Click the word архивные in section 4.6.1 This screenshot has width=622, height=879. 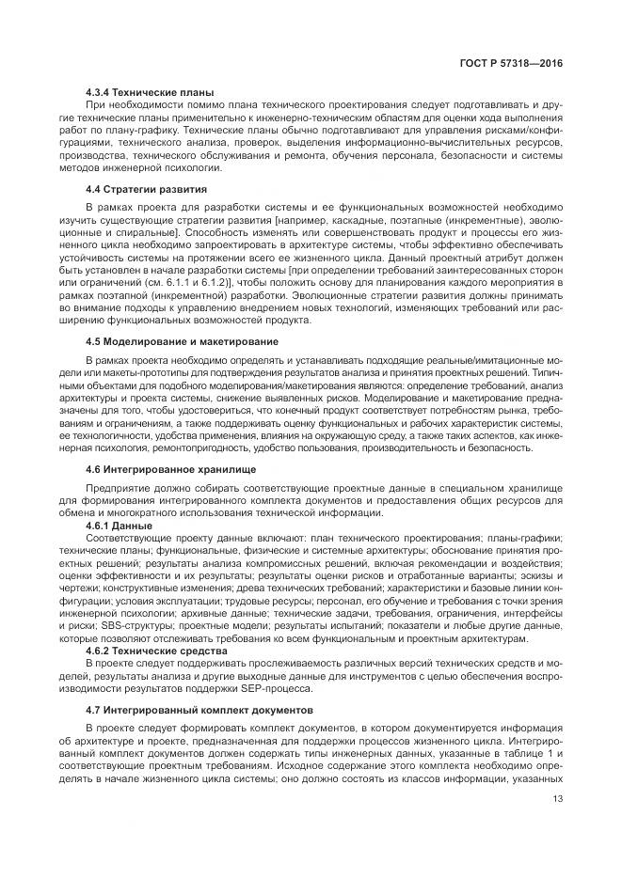click(180, 610)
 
